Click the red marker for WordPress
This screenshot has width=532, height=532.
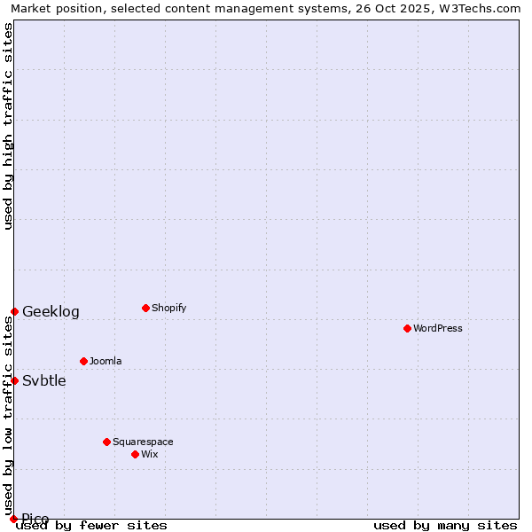click(407, 328)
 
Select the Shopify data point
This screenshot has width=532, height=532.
click(145, 308)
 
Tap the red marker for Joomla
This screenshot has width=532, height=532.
click(83, 361)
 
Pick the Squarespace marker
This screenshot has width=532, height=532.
click(106, 442)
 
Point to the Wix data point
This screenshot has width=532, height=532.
click(135, 454)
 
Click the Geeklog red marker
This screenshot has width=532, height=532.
click(14, 311)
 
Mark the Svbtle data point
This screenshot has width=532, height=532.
click(14, 380)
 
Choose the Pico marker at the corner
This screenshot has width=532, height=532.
click(13, 519)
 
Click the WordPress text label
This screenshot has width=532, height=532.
click(438, 328)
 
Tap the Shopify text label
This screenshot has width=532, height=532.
click(168, 308)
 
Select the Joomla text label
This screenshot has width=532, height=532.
click(106, 361)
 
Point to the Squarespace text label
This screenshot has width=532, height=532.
click(143, 442)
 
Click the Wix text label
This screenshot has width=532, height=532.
click(149, 454)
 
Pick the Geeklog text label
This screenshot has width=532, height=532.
click(51, 311)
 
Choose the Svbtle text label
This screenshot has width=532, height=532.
click(44, 380)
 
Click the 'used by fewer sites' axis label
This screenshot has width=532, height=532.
click(92, 525)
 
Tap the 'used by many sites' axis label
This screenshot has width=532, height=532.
click(445, 525)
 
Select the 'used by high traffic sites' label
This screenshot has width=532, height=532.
click(8, 126)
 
